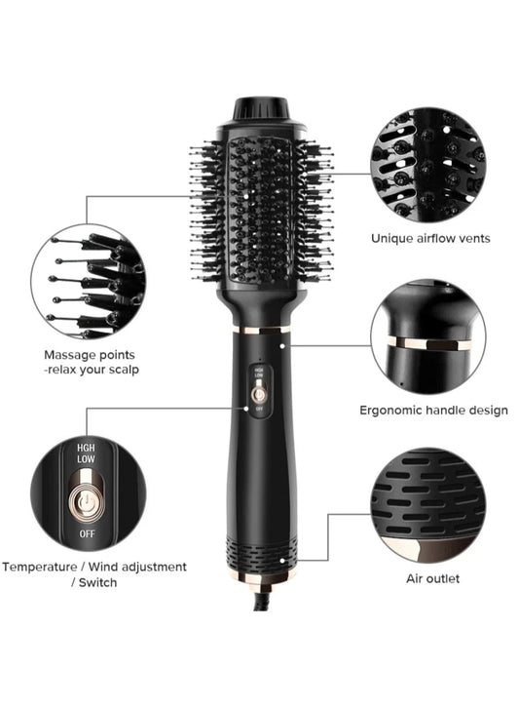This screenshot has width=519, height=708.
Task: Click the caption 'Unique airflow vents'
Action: pos(430,237)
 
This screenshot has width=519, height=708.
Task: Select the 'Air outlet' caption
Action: pos(432,578)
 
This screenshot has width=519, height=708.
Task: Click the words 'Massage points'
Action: pos(90,355)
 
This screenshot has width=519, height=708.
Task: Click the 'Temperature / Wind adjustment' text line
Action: pos(94,567)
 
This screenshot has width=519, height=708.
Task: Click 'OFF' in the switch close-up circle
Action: pos(85,535)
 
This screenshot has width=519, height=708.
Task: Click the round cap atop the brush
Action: pos(260,106)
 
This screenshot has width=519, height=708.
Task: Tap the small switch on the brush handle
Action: pos(259,392)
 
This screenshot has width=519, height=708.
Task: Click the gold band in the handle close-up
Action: pos(428,343)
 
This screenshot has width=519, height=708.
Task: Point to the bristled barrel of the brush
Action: pos(259,210)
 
